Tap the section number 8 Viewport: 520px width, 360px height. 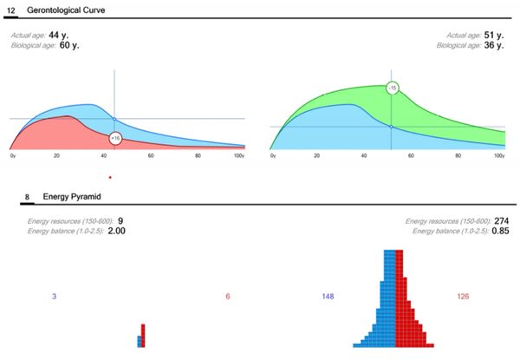29,197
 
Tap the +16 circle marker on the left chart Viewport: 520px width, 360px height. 115,137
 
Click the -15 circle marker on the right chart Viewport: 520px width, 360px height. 392,88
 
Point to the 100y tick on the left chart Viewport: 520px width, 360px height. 239,156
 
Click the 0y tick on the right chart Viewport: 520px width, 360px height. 274,156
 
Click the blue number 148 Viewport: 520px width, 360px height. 328,297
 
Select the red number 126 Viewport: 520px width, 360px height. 464,297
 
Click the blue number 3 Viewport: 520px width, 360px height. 54,297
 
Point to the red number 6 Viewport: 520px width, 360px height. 228,297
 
